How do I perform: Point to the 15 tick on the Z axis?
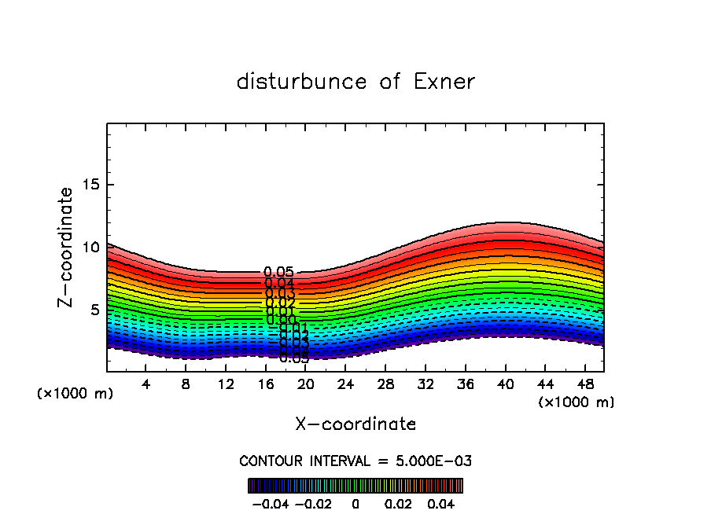coord(93,185)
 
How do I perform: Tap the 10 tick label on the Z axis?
coord(93,248)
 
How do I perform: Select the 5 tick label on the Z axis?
coord(97,310)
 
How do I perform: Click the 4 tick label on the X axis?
coord(146,384)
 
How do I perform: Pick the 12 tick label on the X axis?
coord(226,384)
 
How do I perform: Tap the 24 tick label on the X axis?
coord(345,384)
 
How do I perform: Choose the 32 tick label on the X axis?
coord(425,384)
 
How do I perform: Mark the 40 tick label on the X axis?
coord(504,384)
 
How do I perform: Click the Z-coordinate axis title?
coord(67,247)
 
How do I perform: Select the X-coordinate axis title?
coord(355,424)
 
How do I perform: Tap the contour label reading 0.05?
coord(279,273)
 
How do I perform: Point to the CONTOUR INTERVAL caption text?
coord(355,461)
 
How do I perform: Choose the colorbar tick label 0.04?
coord(441,502)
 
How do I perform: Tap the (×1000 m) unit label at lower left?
coord(76,394)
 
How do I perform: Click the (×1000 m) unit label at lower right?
coord(577,402)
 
